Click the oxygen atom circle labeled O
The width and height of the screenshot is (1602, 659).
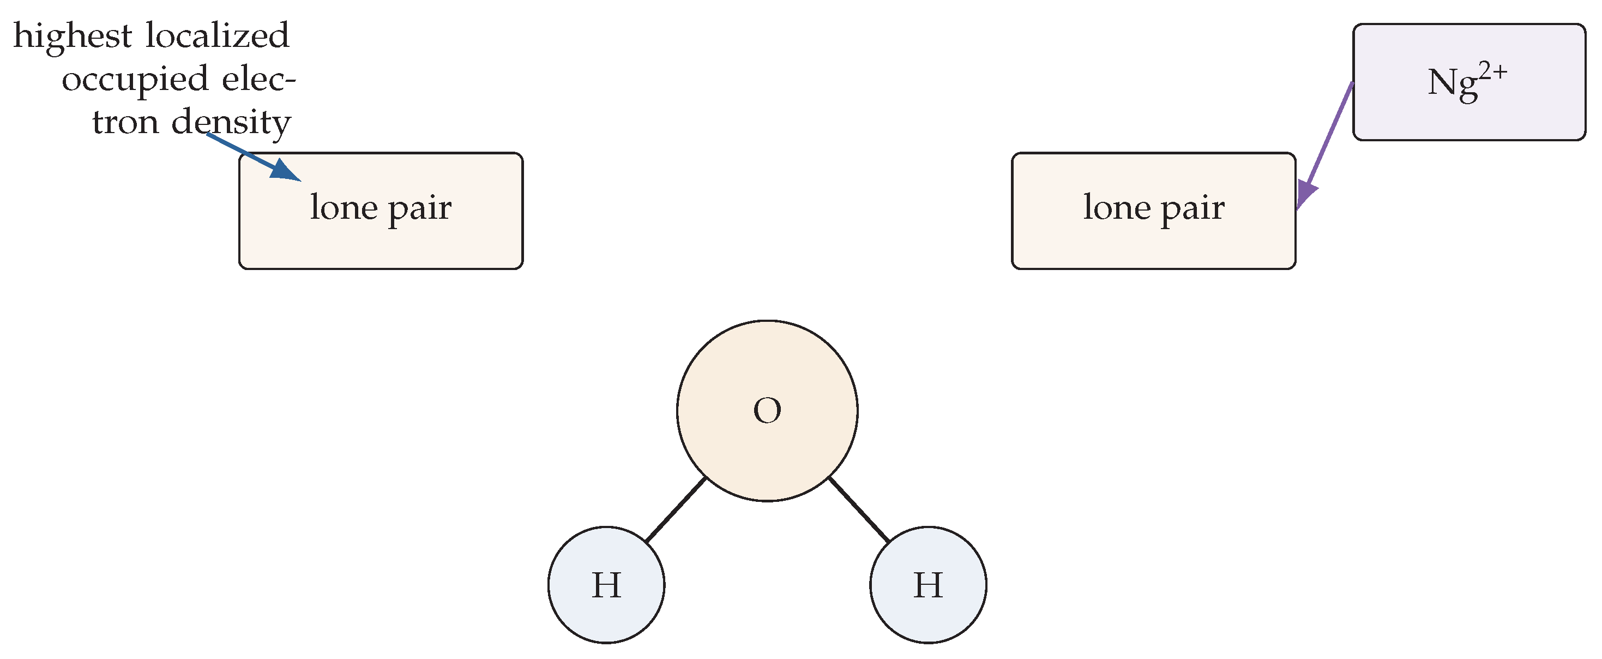click(767, 411)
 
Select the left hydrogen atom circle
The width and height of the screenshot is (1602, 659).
click(606, 585)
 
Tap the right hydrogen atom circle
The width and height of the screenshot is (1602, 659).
click(928, 585)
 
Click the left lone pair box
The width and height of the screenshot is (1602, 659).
click(381, 211)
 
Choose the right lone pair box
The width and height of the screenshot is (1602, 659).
click(1154, 211)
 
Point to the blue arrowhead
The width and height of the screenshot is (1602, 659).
click(287, 170)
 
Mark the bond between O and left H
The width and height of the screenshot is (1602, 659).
click(676, 510)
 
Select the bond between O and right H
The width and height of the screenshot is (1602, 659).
click(859, 510)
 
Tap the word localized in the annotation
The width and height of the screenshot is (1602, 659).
click(218, 35)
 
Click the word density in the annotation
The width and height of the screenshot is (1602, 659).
click(231, 123)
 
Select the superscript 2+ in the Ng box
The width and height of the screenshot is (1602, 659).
click(1493, 73)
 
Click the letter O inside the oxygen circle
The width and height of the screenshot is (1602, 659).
click(767, 411)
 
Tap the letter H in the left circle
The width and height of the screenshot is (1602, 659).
click(606, 585)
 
